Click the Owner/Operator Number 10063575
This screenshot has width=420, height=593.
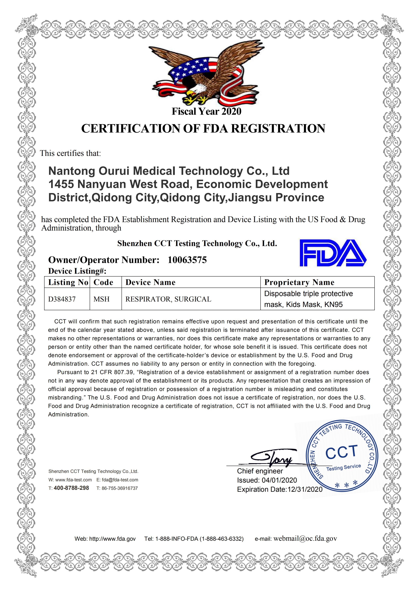[x=187, y=260]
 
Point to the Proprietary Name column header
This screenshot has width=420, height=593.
[x=299, y=282]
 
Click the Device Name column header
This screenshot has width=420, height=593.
[x=150, y=282]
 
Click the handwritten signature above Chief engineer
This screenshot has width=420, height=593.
[x=274, y=458]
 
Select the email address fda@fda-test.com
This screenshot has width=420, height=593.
[x=120, y=480]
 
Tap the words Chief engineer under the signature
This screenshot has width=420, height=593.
[x=260, y=471]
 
